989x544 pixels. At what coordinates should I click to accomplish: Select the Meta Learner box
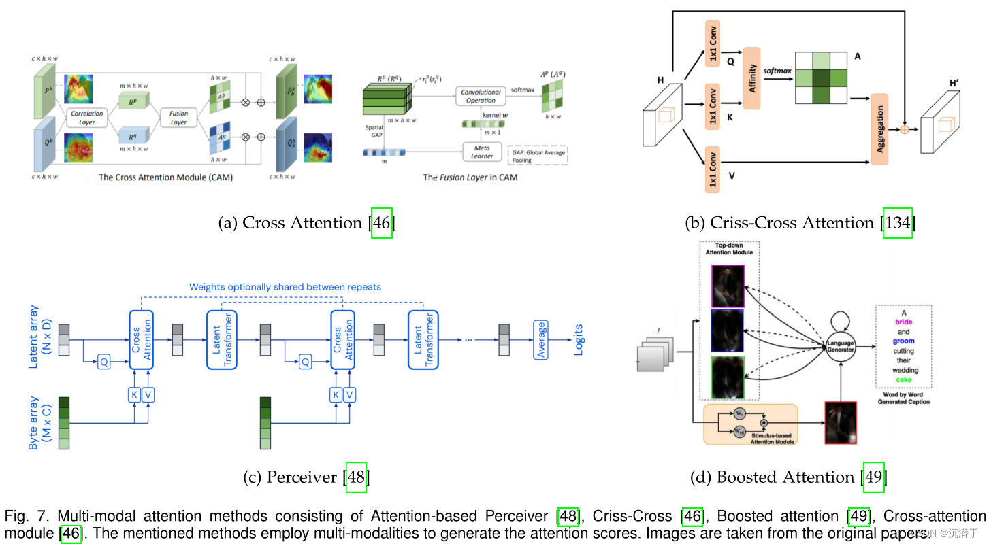[x=481, y=151]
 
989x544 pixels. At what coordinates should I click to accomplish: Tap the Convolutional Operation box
[x=481, y=96]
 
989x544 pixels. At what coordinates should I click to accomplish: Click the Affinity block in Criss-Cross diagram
[x=751, y=79]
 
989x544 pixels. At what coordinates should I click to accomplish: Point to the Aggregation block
[x=879, y=129]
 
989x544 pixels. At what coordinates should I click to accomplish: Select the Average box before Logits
[x=542, y=339]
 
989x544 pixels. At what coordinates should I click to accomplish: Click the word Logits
[x=579, y=339]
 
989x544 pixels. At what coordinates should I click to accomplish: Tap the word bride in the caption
[x=903, y=322]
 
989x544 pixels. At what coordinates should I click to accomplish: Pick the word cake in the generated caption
[x=903, y=379]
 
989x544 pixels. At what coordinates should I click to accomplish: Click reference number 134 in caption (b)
[x=898, y=223]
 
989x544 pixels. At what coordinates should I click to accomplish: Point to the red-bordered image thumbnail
[x=840, y=422]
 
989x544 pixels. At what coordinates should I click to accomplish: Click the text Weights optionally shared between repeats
[x=285, y=287]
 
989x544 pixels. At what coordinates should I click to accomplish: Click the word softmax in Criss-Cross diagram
[x=776, y=71]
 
